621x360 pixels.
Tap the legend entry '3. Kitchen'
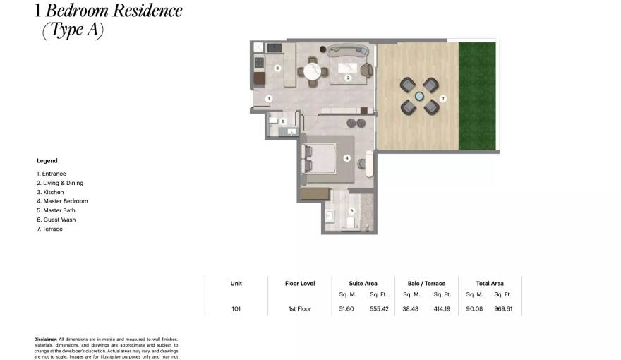pyautogui.click(x=50, y=192)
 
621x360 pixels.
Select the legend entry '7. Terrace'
pyautogui.click(x=49, y=229)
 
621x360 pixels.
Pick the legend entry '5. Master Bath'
pyautogui.click(x=56, y=210)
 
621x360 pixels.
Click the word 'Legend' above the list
pyautogui.click(x=47, y=161)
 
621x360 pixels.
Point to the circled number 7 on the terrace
pyautogui.click(x=442, y=98)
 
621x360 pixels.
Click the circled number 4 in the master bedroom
pyautogui.click(x=346, y=158)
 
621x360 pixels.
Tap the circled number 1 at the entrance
pyautogui.click(x=268, y=98)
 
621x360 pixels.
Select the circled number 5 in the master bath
pyautogui.click(x=351, y=210)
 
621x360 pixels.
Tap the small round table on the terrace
pyautogui.click(x=420, y=96)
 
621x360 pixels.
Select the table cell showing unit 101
pyautogui.click(x=236, y=308)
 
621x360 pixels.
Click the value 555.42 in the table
pyautogui.click(x=380, y=308)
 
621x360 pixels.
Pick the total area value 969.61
pyautogui.click(x=503, y=308)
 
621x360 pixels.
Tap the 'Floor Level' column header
pyautogui.click(x=299, y=284)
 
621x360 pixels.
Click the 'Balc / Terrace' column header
pyautogui.click(x=422, y=284)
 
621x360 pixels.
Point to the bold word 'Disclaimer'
pyautogui.click(x=45, y=340)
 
